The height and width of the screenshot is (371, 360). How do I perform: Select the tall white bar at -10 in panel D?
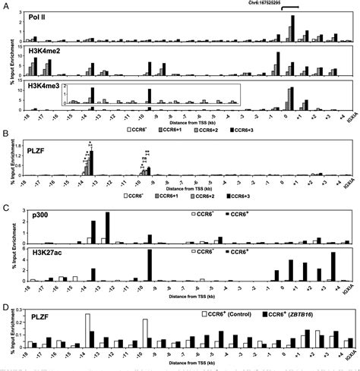[144, 334]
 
